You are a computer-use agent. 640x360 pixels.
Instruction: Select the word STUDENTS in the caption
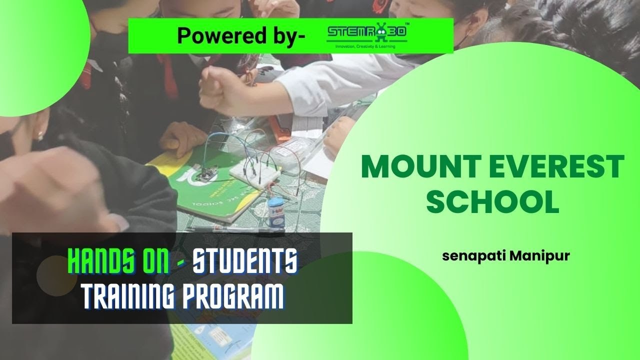[245, 261]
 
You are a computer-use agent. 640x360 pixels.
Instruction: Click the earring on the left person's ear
[40, 135]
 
